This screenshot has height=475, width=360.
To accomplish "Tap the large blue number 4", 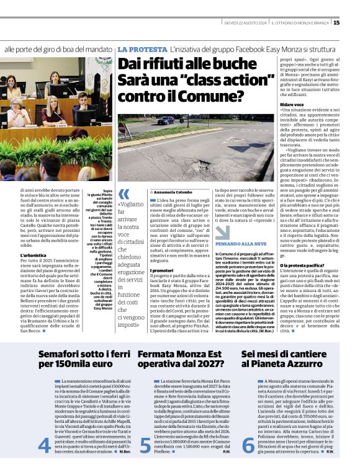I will pos(44,446).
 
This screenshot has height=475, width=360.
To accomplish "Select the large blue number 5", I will pos(145,446).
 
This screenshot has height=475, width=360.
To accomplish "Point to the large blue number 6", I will pos(248,446).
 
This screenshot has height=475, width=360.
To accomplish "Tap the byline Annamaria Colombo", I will pos(172,193).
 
